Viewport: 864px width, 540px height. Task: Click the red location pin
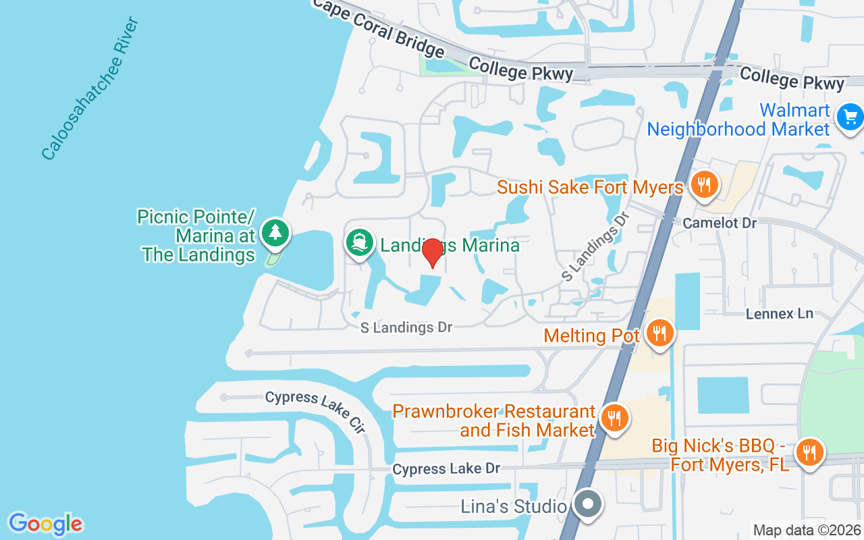pos(432,253)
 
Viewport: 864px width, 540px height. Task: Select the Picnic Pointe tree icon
pos(275,233)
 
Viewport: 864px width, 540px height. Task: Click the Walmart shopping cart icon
pos(849,117)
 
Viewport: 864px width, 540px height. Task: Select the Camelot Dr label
pos(720,223)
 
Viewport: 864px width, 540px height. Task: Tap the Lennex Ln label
pos(780,314)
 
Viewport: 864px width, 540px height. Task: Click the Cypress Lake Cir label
pos(315,410)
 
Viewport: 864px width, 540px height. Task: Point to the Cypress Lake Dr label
pos(446,468)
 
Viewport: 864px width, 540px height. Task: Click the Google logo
pos(45,524)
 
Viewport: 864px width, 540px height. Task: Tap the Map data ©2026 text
pos(807,531)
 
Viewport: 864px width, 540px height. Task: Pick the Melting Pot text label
pos(591,335)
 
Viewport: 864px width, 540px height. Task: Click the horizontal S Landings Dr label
pos(406,327)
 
